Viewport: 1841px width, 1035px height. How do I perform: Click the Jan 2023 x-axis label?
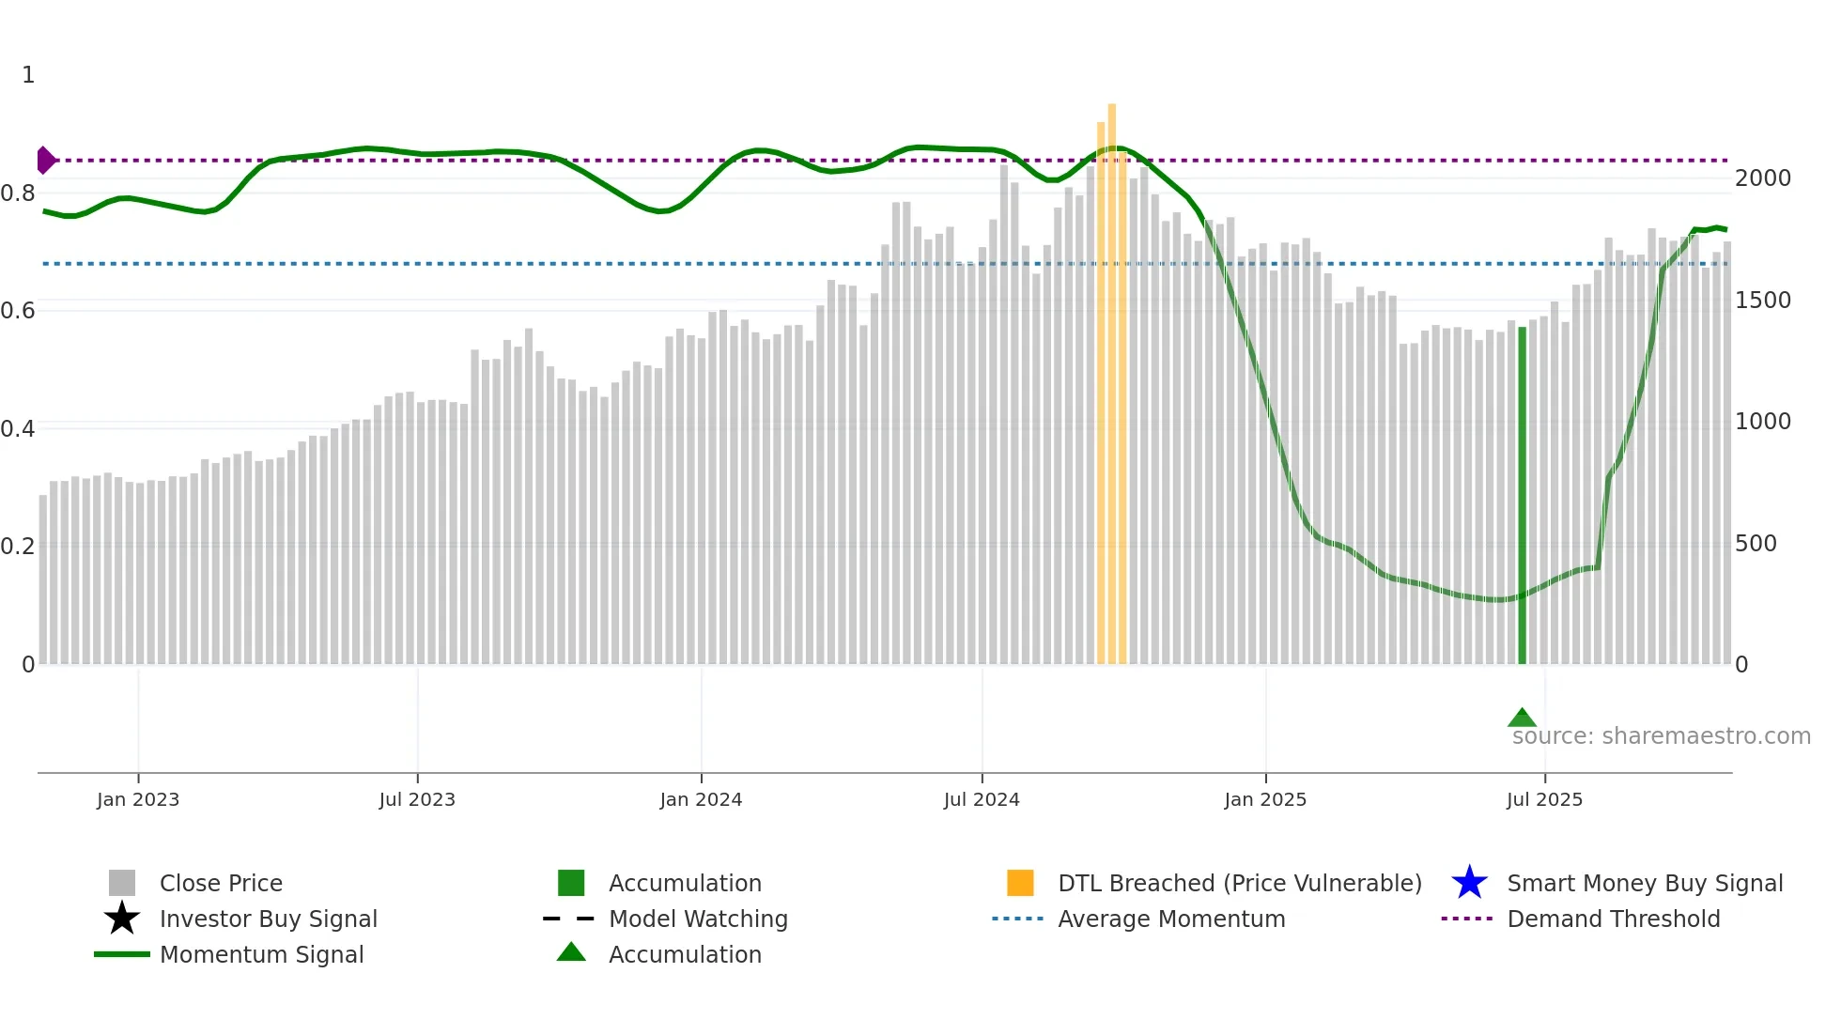pos(138,799)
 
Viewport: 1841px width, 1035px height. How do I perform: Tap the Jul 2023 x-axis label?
pos(417,799)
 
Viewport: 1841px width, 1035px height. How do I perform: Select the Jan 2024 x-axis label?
pos(701,799)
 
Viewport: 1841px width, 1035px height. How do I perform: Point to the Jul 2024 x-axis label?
pos(982,799)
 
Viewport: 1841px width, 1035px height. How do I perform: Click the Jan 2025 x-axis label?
pos(1265,799)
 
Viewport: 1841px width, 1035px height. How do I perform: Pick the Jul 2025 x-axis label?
pos(1544,799)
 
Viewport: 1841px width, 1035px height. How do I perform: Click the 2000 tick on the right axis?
pos(1763,178)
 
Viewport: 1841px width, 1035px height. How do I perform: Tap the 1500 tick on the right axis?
pos(1763,300)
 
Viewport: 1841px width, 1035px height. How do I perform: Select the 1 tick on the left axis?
pos(28,74)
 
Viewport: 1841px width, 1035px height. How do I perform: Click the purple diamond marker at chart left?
pos(45,161)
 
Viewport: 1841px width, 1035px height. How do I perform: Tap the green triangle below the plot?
pos(1522,718)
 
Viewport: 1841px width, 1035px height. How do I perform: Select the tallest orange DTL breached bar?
pos(1112,376)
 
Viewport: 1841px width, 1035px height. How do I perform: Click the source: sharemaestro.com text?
pos(1661,736)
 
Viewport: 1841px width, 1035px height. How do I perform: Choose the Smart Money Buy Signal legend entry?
pos(1645,883)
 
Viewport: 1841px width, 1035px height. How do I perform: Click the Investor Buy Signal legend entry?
pos(268,919)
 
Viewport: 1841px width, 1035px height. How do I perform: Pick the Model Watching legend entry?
pos(698,919)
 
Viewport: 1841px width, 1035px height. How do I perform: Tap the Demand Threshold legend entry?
pos(1613,919)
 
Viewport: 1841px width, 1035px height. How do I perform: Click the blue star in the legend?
pos(1469,883)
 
